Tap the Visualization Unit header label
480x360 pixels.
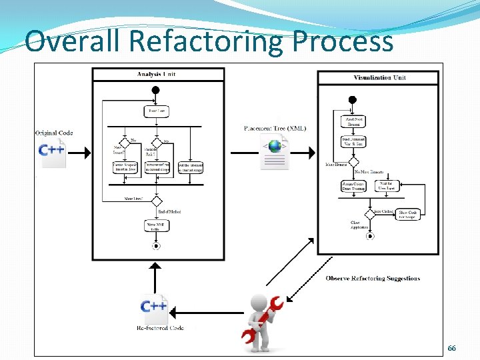click(379, 78)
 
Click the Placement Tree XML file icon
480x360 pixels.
click(274, 152)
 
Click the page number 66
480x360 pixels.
click(451, 349)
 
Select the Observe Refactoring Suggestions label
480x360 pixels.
click(373, 278)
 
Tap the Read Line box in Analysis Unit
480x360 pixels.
click(157, 111)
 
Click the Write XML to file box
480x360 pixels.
click(157, 227)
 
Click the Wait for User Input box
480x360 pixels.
click(387, 186)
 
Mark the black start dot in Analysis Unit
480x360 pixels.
click(156, 90)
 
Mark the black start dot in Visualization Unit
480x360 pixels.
click(353, 100)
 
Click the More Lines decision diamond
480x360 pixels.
click(157, 200)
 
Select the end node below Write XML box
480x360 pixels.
click(157, 245)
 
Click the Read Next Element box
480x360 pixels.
click(353, 121)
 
